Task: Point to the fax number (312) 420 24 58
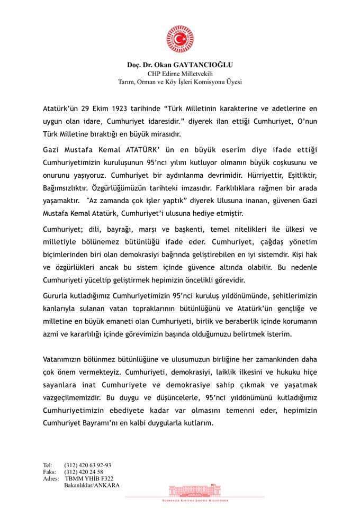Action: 84,471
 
